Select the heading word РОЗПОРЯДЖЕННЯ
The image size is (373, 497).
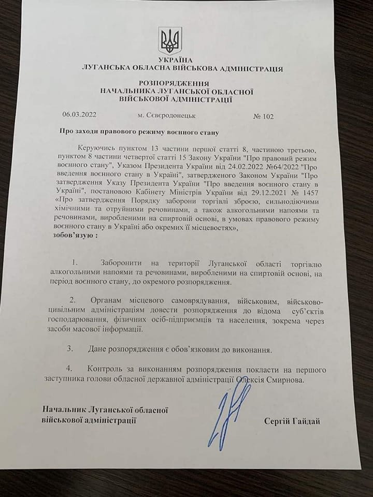(x=174, y=83)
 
